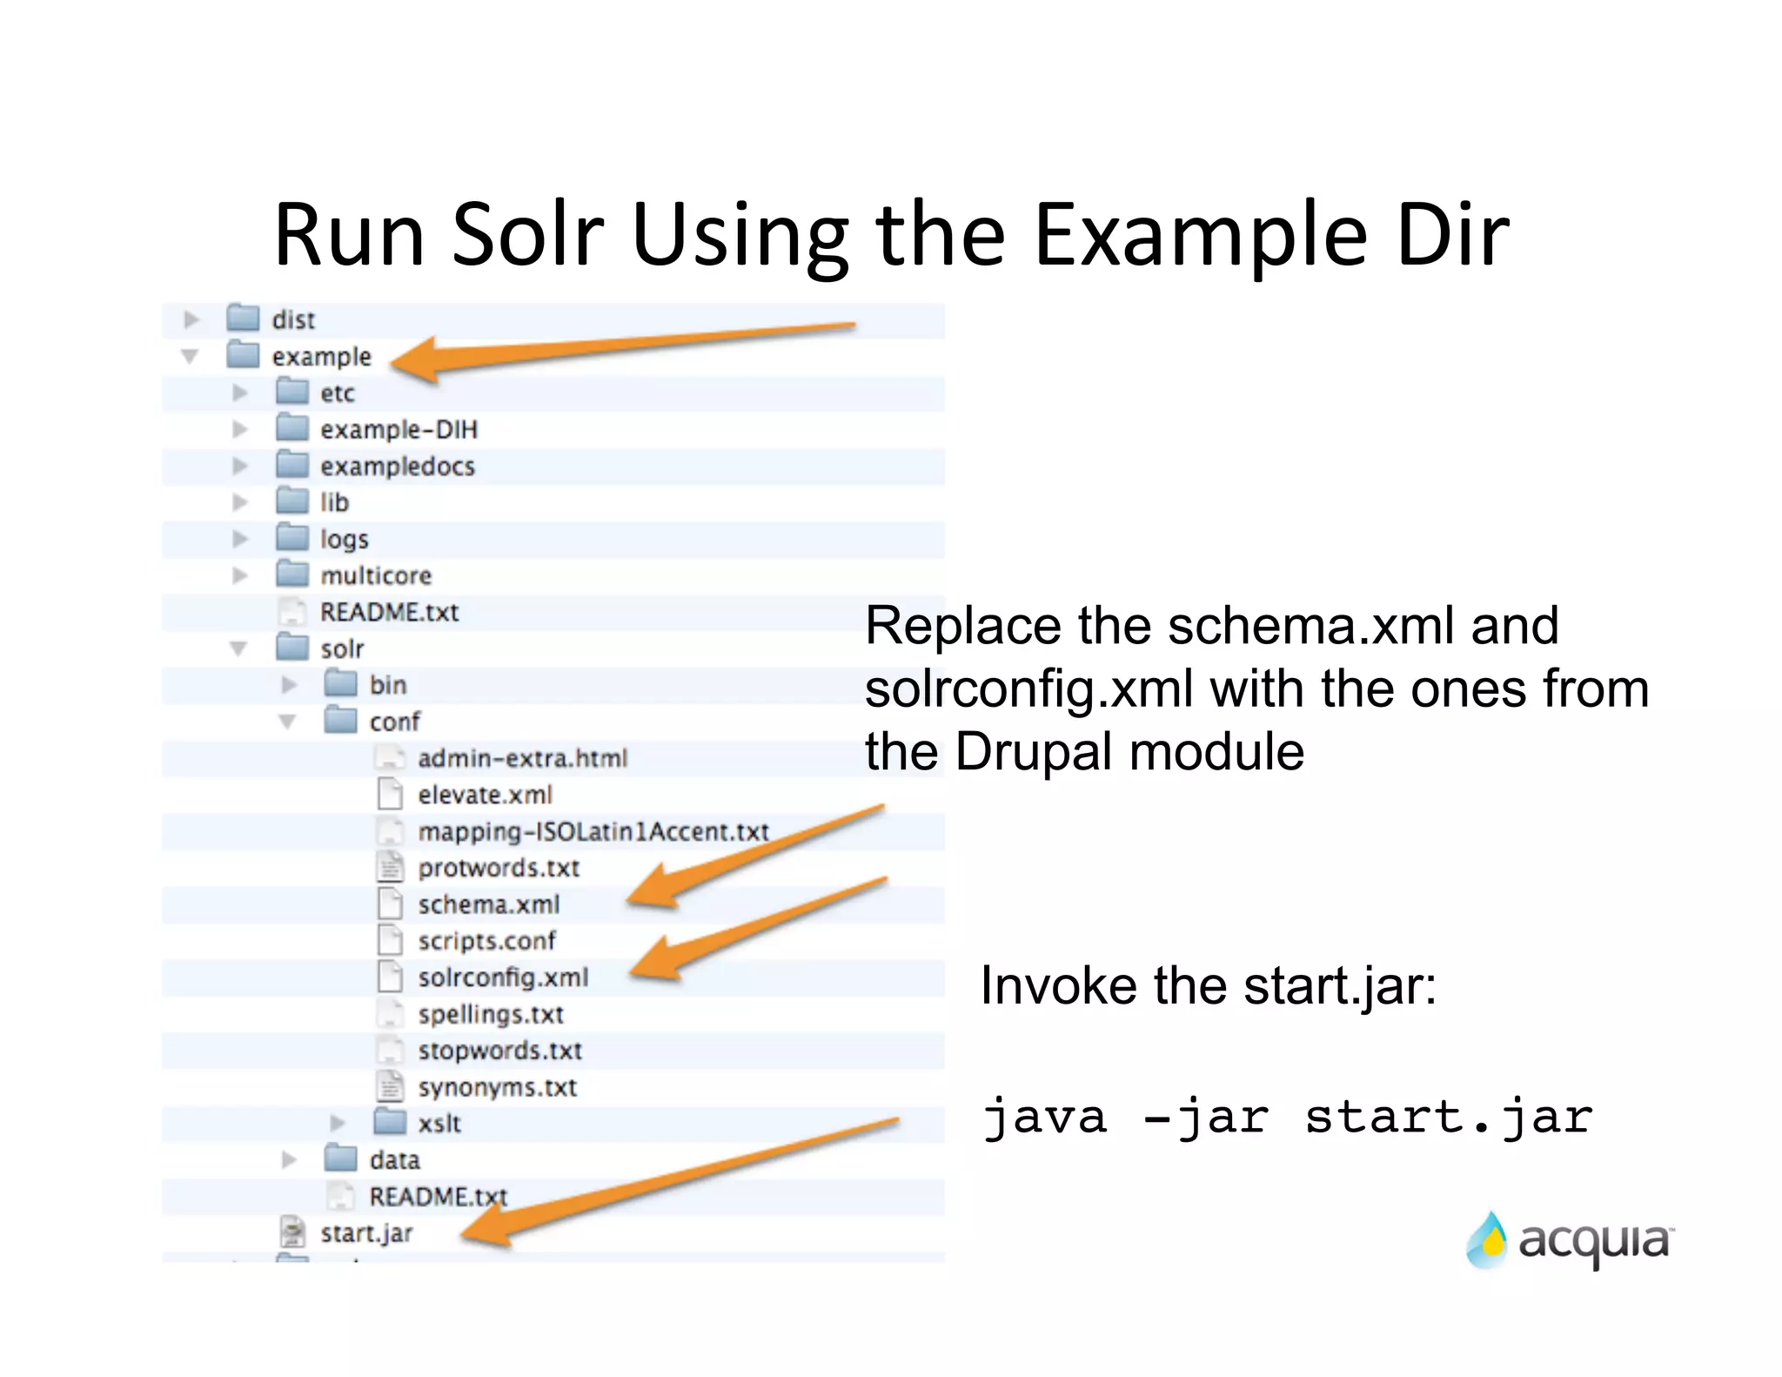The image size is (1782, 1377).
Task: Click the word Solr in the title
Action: click(x=527, y=235)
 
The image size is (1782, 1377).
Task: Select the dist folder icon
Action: click(x=243, y=319)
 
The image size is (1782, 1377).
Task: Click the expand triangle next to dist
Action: click(x=191, y=319)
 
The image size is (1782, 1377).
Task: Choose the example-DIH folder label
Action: click(x=399, y=429)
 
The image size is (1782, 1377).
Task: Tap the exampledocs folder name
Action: click(x=397, y=467)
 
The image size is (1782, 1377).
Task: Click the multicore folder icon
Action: click(x=292, y=574)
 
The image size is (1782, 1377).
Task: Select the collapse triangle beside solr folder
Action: click(x=238, y=648)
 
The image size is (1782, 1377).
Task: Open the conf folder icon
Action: click(x=341, y=721)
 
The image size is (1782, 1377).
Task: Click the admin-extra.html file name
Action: click(x=522, y=758)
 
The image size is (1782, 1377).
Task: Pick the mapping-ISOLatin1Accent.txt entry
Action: click(x=593, y=831)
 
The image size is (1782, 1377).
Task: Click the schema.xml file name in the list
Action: click(x=488, y=904)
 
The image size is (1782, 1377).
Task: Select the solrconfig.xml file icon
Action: click(x=390, y=977)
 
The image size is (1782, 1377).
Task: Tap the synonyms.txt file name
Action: click(x=497, y=1087)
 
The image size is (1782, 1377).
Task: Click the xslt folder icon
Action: click(x=390, y=1123)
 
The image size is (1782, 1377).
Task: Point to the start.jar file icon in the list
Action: click(x=292, y=1232)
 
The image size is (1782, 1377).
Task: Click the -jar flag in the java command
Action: click(x=1205, y=1118)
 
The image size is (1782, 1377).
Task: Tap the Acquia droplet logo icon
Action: click(x=1486, y=1240)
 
